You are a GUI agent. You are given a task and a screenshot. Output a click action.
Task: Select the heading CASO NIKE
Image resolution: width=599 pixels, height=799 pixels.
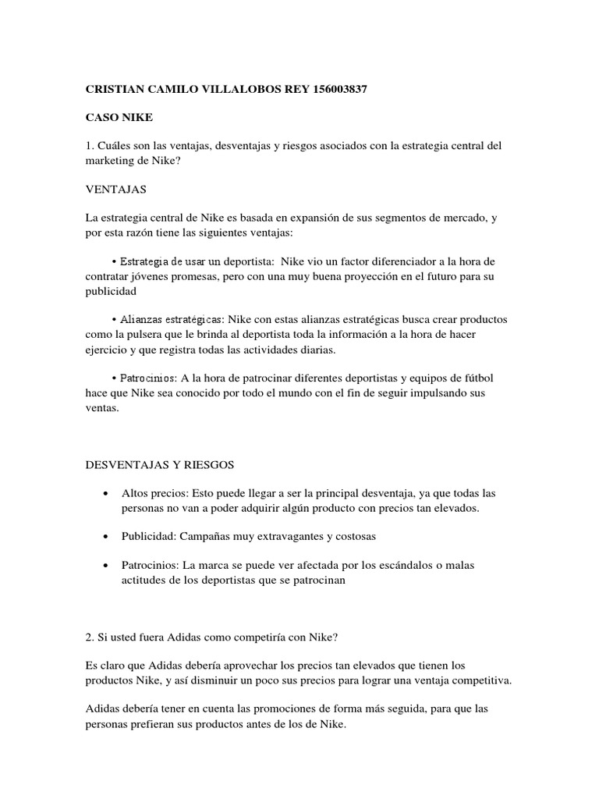pyautogui.click(x=119, y=118)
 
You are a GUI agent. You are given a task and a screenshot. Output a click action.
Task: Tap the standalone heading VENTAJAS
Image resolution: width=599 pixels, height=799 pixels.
pyautogui.click(x=115, y=189)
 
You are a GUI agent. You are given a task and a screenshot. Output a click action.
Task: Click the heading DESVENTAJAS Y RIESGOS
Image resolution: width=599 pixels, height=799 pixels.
pyautogui.click(x=160, y=464)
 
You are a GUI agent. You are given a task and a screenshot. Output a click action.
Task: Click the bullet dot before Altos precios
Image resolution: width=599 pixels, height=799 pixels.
pyautogui.click(x=105, y=495)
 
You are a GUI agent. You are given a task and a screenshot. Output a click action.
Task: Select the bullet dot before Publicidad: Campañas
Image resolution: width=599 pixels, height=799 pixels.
pyautogui.click(x=105, y=538)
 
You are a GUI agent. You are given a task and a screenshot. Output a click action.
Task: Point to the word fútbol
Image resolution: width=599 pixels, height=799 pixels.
pyautogui.click(x=475, y=378)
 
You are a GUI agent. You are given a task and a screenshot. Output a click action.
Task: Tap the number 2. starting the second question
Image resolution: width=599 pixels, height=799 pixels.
pyautogui.click(x=90, y=637)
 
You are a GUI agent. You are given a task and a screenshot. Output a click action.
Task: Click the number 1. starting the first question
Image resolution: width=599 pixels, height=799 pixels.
pyautogui.click(x=90, y=146)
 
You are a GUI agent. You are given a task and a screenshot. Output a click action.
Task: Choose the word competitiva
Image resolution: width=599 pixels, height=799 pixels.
pyautogui.click(x=480, y=680)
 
